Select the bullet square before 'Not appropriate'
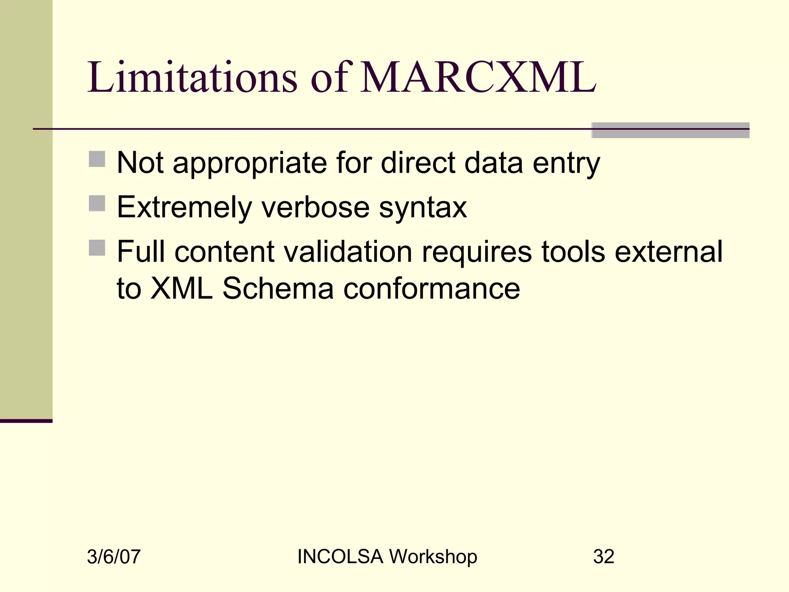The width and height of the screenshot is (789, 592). coord(97,159)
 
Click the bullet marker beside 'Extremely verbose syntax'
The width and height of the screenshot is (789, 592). coord(97,203)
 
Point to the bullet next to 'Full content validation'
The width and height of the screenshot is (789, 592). coord(97,247)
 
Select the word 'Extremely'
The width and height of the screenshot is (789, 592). coord(184,208)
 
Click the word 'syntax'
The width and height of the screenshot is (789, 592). coord(423,208)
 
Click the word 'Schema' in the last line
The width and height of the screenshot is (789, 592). coord(278,289)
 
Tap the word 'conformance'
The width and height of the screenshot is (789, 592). coord(431,289)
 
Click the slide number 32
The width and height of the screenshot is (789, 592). coord(604,557)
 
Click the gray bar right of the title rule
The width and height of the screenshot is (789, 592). coord(670,130)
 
